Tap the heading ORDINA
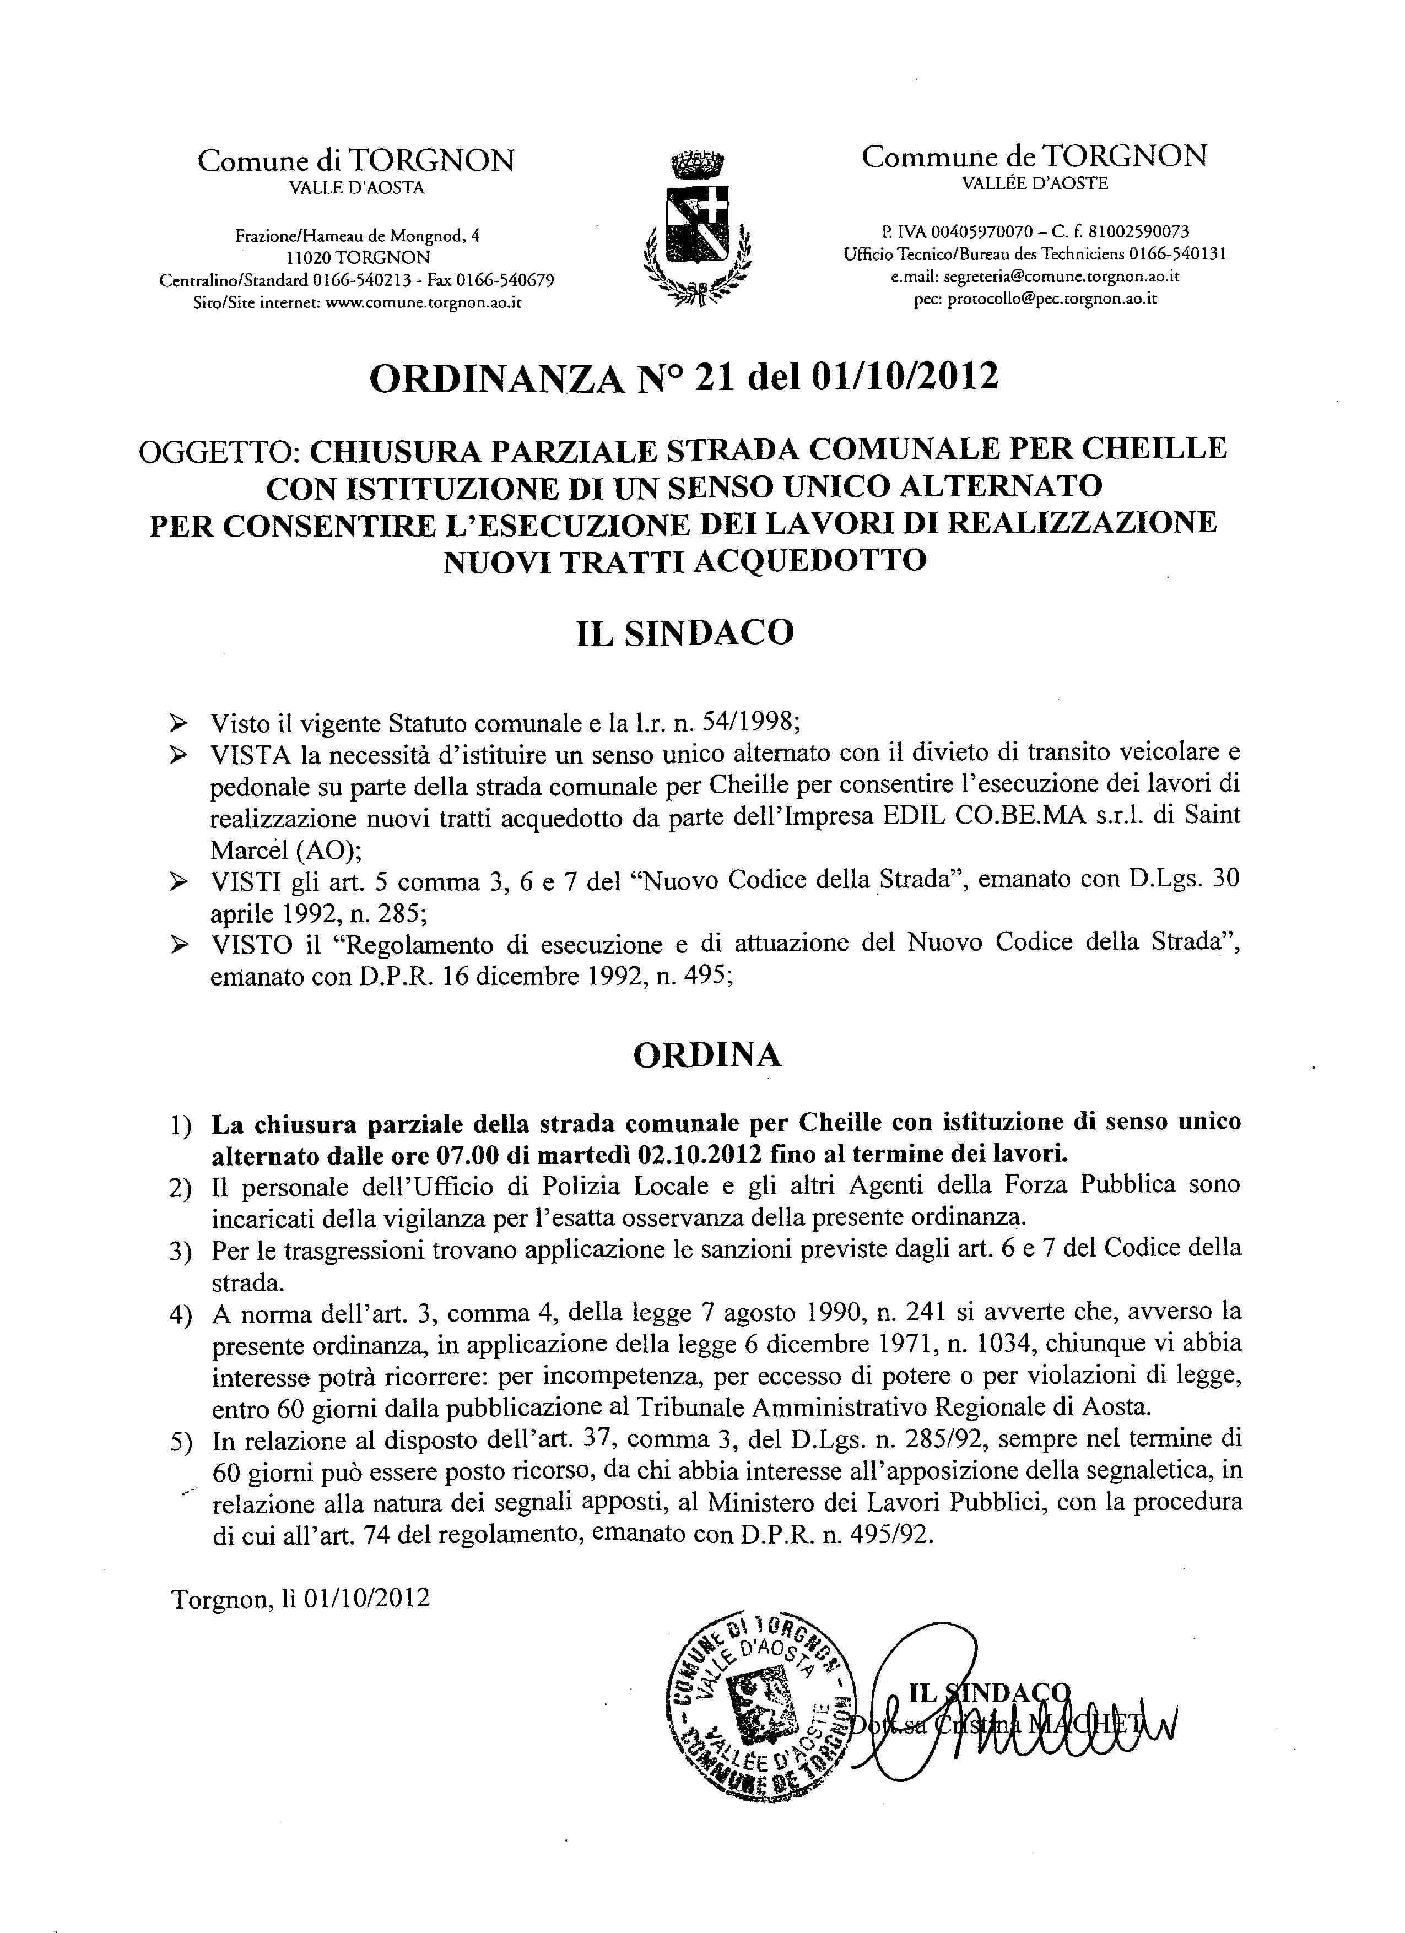(707, 1055)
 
